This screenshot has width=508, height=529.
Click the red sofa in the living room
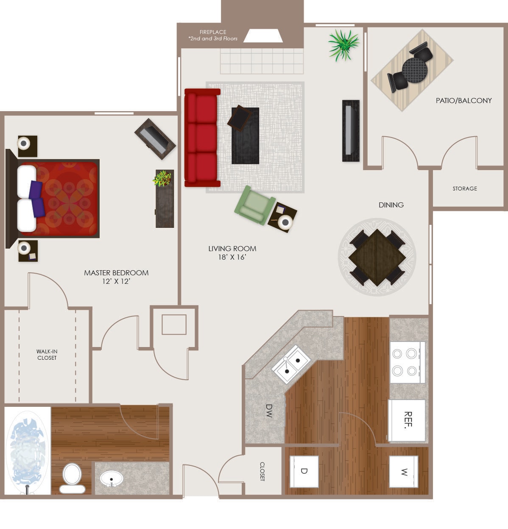coord(202,138)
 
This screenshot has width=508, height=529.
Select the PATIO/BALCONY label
coord(463,101)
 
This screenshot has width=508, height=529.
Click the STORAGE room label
coord(464,188)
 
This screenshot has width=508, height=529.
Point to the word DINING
coord(391,205)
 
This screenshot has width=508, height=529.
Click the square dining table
coord(377,257)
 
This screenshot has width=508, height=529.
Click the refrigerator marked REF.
coord(407,420)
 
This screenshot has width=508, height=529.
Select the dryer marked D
coord(304,471)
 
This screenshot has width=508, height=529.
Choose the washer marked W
coord(404,472)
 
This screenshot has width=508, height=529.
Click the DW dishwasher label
coord(269,411)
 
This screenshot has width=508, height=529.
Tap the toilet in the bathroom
coord(72,478)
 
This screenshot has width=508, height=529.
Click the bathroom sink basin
coord(112,479)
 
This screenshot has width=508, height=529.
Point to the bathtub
coord(27,451)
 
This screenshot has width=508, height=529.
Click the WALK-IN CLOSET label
coord(47,355)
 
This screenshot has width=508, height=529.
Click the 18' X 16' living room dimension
coord(232,257)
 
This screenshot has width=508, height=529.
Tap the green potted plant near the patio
coord(343,44)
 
